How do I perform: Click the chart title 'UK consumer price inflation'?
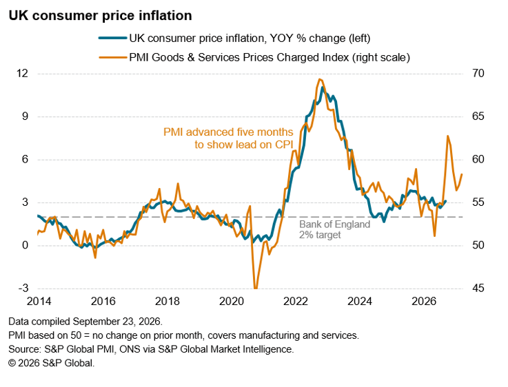[x=100, y=16]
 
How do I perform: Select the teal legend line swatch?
[x=112, y=38]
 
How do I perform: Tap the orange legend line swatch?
[x=112, y=58]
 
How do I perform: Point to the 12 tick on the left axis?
[x=22, y=74]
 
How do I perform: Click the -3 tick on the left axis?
[x=23, y=288]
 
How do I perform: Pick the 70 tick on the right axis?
[x=478, y=74]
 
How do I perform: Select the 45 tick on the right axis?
[x=478, y=288]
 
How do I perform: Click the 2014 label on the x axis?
[x=39, y=301]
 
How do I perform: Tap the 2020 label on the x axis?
[x=232, y=301]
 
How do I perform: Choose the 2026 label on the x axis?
[x=424, y=301]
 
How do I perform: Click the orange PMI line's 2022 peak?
[x=320, y=79]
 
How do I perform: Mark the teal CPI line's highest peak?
[x=322, y=87]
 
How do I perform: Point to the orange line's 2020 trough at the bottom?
[x=256, y=287]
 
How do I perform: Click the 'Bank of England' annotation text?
[x=335, y=224]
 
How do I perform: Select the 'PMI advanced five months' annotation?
[x=228, y=132]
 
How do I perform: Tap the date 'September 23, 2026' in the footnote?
[x=116, y=322]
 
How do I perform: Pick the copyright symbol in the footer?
[x=12, y=363]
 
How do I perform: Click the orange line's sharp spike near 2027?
[x=448, y=136]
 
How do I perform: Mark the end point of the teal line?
[x=445, y=201]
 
